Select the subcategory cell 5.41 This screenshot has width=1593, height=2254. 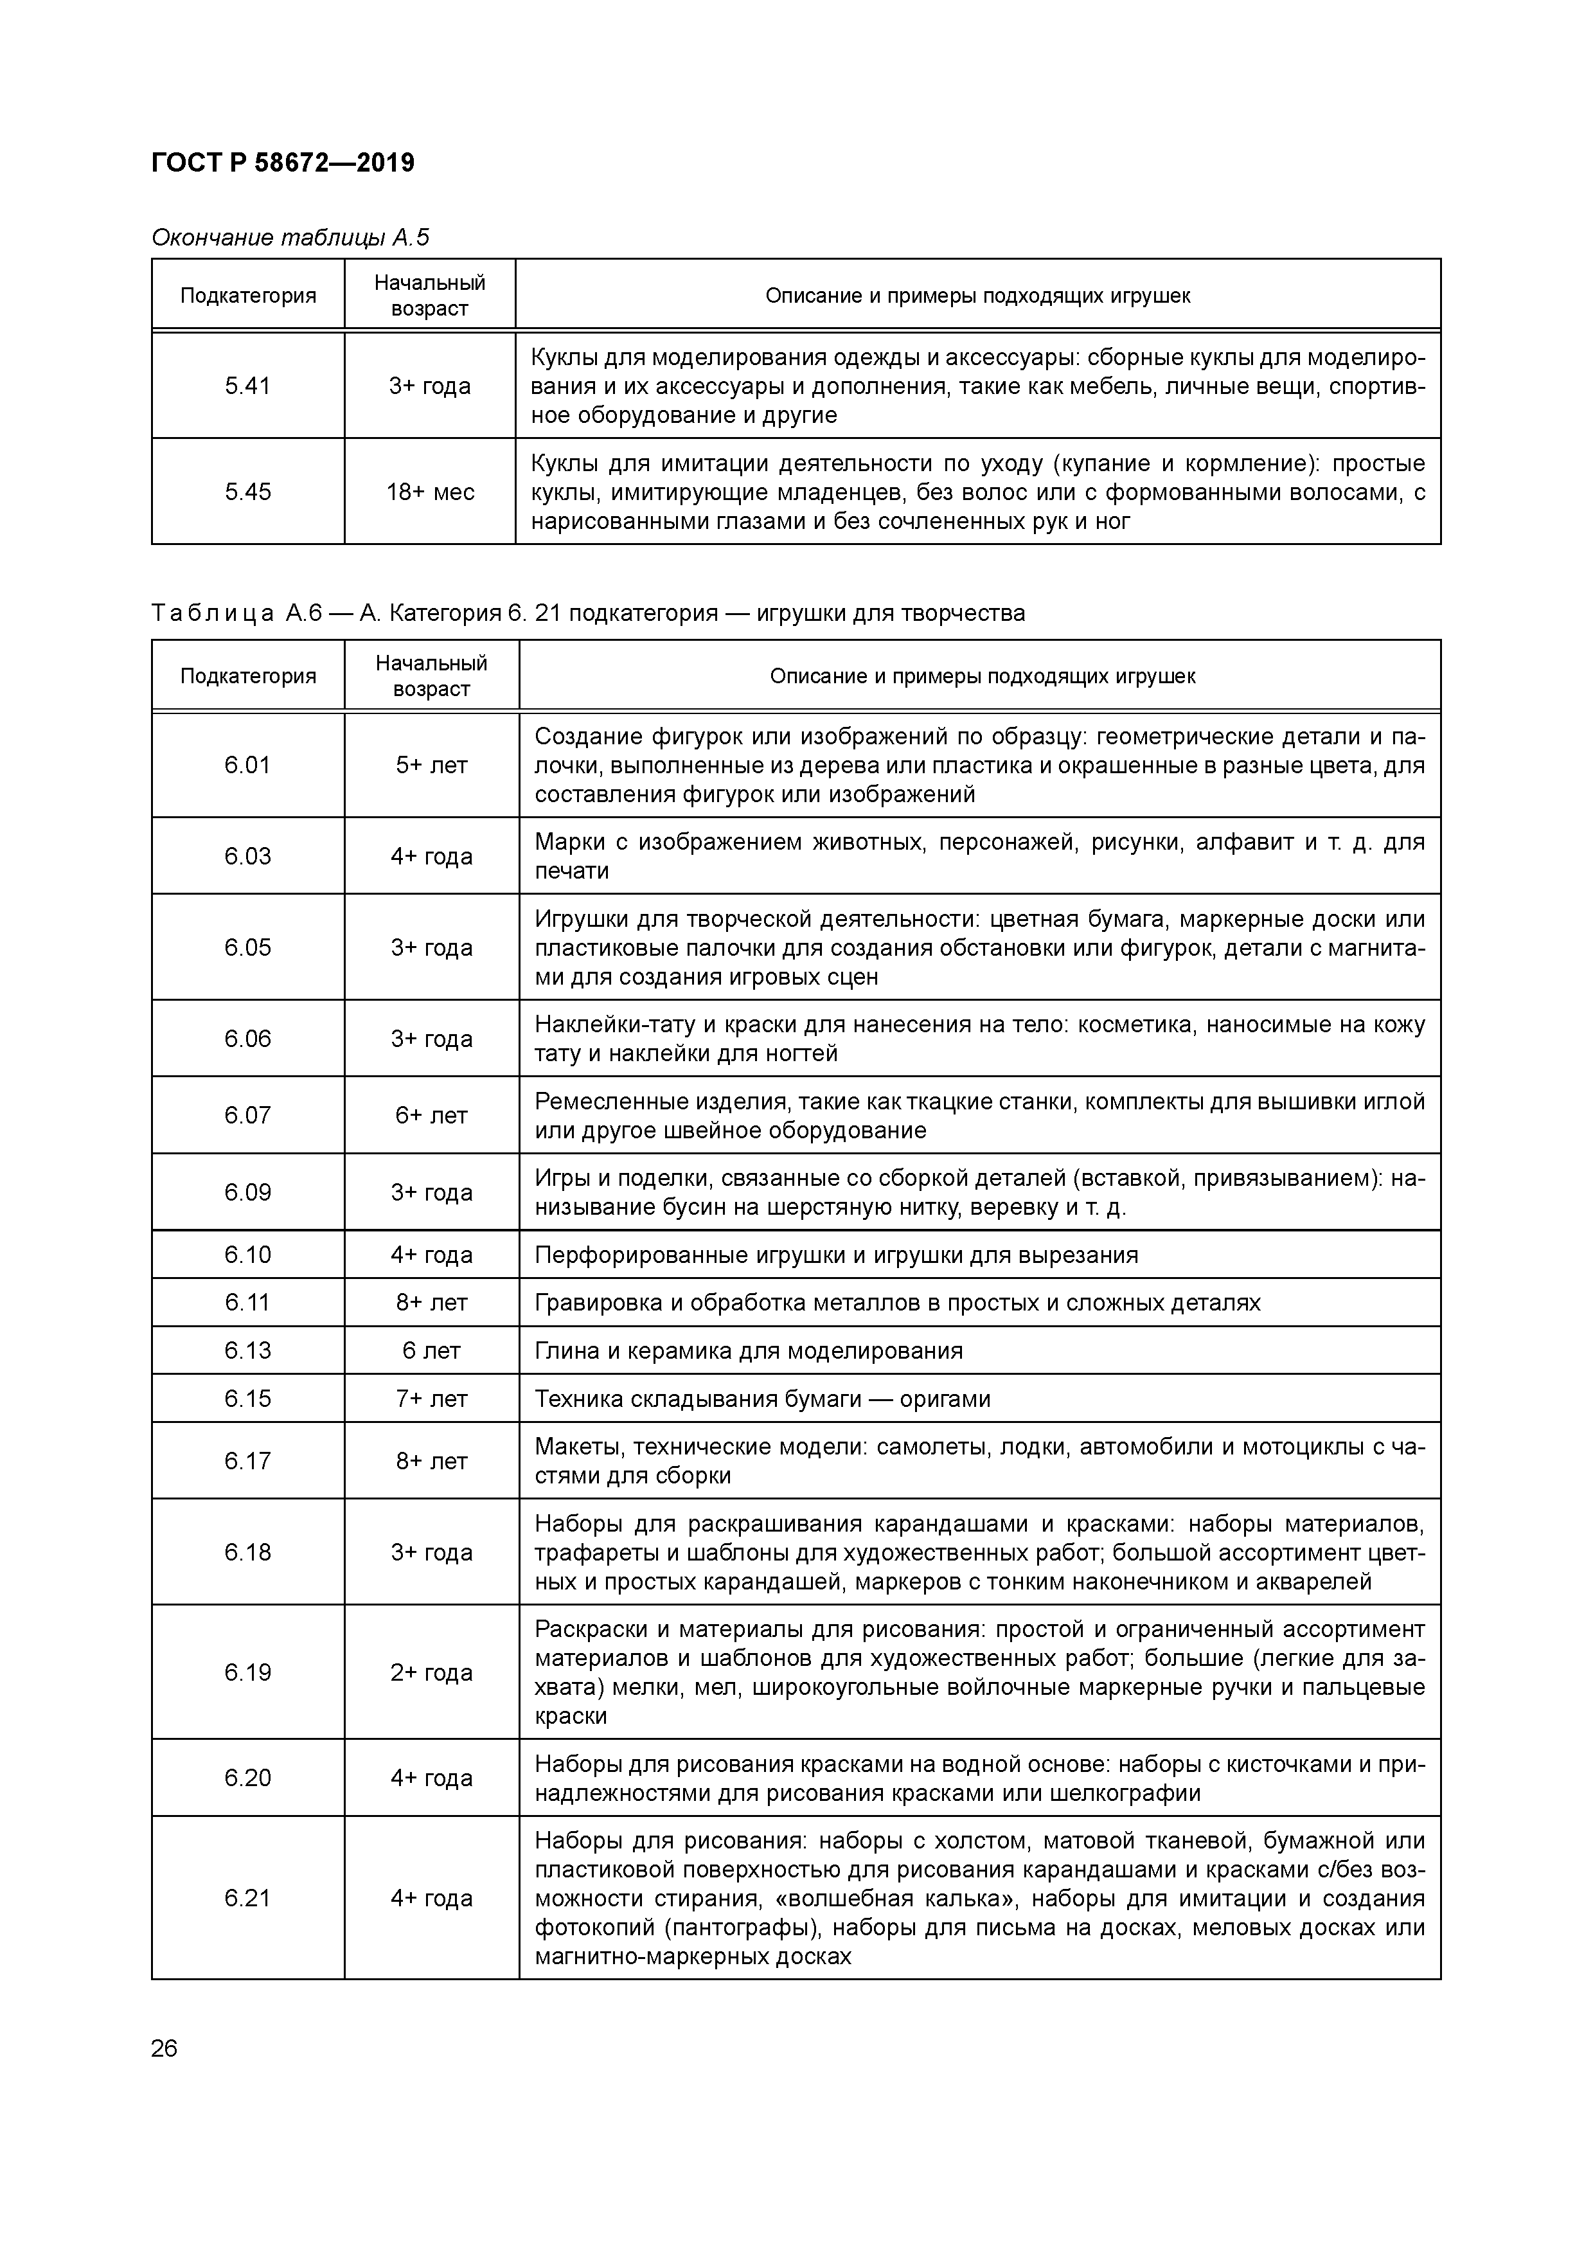coord(247,386)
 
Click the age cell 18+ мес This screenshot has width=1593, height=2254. coord(430,492)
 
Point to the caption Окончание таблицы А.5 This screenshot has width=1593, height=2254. coord(290,238)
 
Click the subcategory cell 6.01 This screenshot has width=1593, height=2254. coord(247,765)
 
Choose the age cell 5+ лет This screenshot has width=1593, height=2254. coord(432,765)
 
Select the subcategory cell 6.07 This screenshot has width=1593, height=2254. coord(247,1115)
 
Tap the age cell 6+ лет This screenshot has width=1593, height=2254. coord(432,1115)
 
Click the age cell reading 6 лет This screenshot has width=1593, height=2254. coord(432,1351)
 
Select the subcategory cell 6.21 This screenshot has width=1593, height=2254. coord(247,1898)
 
